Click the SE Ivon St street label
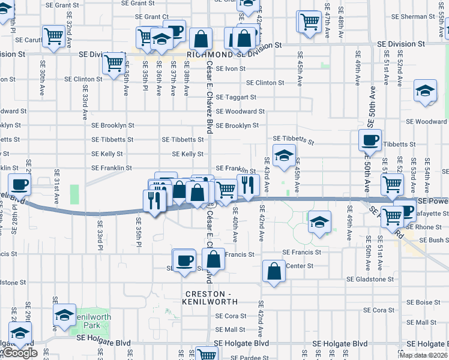231,68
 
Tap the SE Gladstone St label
372,280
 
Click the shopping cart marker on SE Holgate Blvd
207,354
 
